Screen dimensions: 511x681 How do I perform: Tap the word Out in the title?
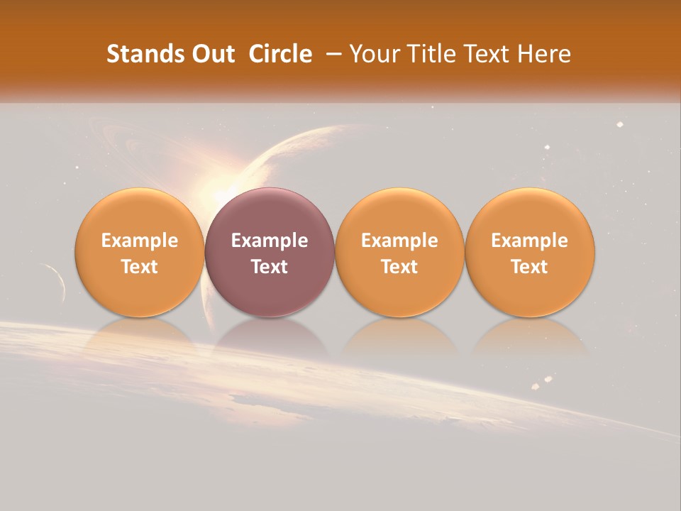(x=211, y=54)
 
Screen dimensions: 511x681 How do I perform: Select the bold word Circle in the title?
(x=280, y=54)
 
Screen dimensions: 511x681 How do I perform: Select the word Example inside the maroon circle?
(x=270, y=241)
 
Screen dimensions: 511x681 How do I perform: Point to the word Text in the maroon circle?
(x=270, y=267)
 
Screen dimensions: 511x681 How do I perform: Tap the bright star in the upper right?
(x=619, y=125)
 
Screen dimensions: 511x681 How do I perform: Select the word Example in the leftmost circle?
(x=140, y=241)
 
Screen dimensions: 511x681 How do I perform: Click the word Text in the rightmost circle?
(x=529, y=267)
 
